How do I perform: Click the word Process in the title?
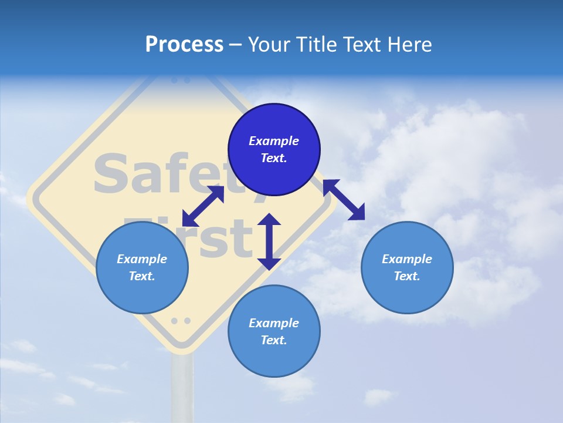tap(184, 45)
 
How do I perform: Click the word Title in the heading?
tap(316, 45)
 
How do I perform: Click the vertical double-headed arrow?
tap(269, 241)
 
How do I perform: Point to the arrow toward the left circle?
tap(203, 206)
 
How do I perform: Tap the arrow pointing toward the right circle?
tap(344, 200)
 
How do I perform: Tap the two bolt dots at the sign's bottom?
tap(181, 321)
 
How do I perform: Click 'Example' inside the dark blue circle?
tap(274, 141)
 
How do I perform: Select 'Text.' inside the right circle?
tap(407, 276)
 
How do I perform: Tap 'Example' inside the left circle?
tap(142, 259)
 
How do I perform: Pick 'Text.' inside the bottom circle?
tap(274, 340)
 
